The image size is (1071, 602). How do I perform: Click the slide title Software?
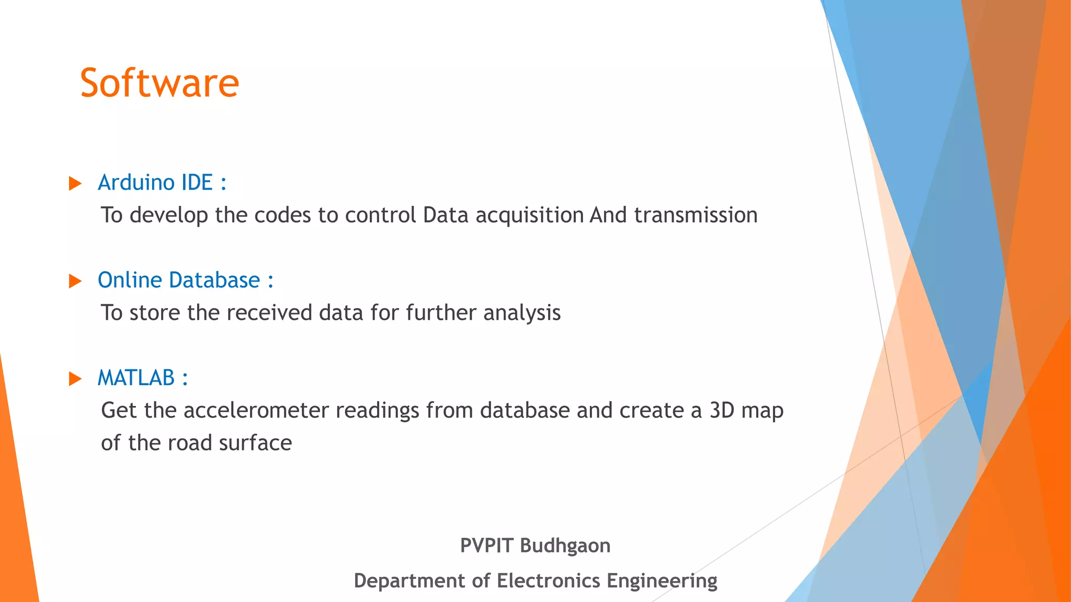coord(159,83)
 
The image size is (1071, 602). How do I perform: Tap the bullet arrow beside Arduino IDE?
coord(75,183)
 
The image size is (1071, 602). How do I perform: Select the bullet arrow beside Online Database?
coord(75,281)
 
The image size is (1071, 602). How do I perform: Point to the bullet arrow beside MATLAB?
coord(75,379)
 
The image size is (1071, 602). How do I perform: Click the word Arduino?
coord(136,182)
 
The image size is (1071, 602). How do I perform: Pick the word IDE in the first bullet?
coord(197,182)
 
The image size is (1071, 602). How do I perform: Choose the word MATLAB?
coord(136,378)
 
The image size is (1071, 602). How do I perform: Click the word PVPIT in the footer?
coord(486,546)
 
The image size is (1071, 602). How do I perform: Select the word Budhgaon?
coord(565,546)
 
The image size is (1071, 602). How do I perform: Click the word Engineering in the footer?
coord(662,581)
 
